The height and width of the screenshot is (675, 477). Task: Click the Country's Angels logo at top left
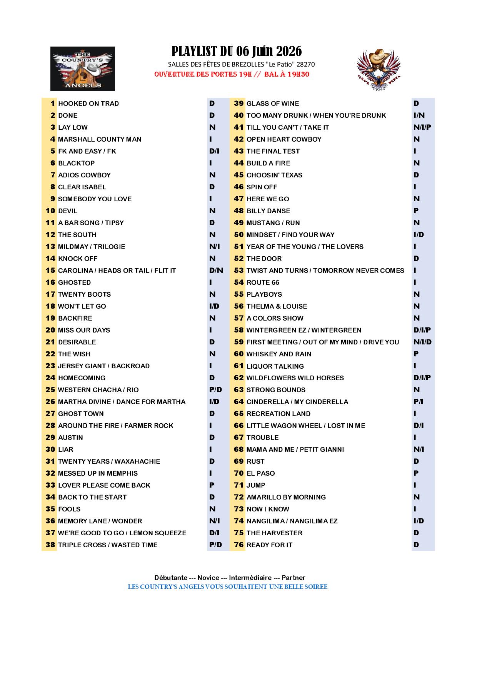click(x=82, y=69)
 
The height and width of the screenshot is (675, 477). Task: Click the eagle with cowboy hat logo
click(x=379, y=70)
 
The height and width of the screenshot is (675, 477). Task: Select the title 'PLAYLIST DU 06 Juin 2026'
click(x=236, y=51)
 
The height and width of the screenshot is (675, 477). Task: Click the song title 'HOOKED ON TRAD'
click(x=88, y=104)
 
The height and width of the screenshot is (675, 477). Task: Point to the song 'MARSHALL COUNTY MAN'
click(x=100, y=139)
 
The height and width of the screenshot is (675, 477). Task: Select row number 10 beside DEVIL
click(x=51, y=211)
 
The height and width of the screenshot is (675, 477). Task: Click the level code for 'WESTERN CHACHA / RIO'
click(x=215, y=390)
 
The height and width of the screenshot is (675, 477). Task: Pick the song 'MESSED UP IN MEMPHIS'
click(x=98, y=473)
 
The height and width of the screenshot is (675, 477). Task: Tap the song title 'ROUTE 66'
click(x=263, y=282)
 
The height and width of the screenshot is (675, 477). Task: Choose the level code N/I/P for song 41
click(x=422, y=127)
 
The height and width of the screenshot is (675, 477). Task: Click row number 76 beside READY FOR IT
click(x=239, y=545)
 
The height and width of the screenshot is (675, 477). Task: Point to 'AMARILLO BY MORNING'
click(x=286, y=497)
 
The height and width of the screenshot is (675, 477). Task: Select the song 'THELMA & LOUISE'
click(x=277, y=306)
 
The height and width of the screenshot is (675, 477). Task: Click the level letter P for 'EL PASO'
click(x=416, y=473)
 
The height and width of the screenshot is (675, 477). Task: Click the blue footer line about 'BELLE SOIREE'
click(x=227, y=587)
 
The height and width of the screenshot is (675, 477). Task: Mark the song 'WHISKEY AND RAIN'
click(x=279, y=354)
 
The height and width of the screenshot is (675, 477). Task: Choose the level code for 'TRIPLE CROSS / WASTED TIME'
click(x=215, y=545)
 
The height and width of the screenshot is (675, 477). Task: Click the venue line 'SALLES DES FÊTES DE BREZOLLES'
click(x=241, y=64)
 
